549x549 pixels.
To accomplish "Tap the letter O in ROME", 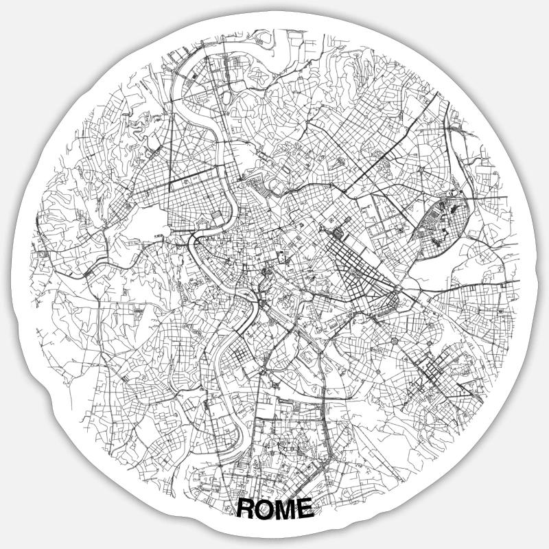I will click(x=265, y=509).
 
